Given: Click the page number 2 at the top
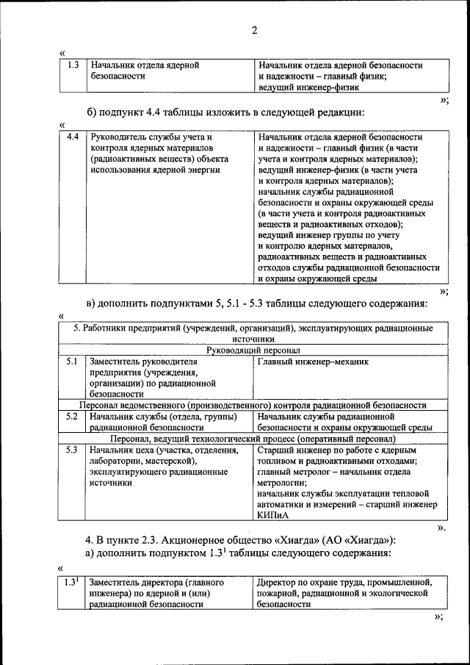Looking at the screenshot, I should coord(254,30).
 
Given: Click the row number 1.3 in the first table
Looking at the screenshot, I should coord(72,65).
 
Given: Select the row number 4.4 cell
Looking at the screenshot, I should coord(72,137).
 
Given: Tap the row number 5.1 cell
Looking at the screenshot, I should coord(72,362).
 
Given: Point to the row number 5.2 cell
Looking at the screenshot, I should coord(72,417).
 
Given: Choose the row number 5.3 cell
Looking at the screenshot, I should coord(72,450).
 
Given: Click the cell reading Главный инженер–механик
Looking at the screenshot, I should coord(313,362).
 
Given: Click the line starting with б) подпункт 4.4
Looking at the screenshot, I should coord(225,112).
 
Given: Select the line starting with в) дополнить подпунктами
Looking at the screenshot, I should coord(256,303).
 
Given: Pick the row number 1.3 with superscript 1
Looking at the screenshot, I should coord(71,583).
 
